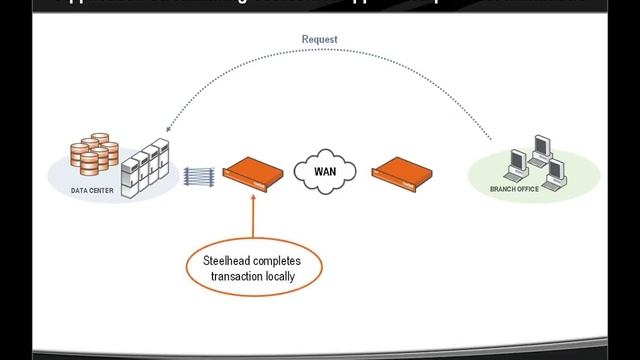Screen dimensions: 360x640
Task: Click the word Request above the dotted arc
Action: click(320, 40)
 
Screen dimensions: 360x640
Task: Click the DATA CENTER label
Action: click(93, 190)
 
